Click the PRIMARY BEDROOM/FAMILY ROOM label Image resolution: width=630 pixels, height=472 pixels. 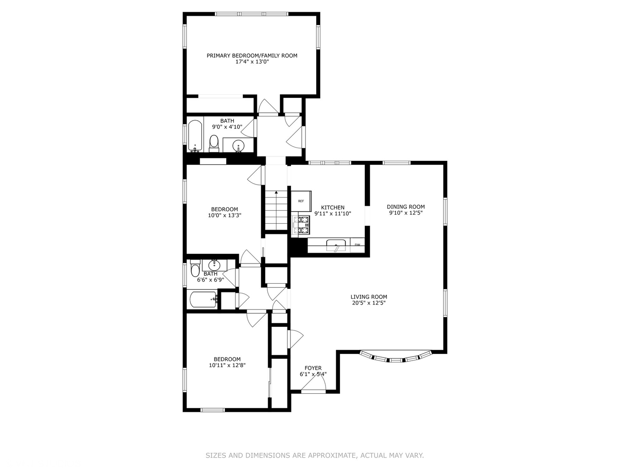(x=252, y=56)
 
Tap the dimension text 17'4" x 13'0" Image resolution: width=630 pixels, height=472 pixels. (x=252, y=62)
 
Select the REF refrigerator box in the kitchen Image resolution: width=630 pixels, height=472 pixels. (x=301, y=201)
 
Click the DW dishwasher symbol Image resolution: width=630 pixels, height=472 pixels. (x=357, y=245)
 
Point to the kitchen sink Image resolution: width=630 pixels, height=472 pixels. (x=336, y=245)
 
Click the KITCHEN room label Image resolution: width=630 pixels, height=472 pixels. (x=332, y=208)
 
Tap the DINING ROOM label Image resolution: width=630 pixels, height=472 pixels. (x=406, y=207)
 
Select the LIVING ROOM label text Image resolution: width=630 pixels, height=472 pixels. (x=368, y=297)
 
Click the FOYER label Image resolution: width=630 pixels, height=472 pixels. (x=313, y=368)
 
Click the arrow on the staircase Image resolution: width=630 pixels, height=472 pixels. (x=276, y=193)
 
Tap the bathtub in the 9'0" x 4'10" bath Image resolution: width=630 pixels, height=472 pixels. (x=195, y=135)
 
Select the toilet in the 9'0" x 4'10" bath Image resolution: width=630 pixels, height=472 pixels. (x=214, y=143)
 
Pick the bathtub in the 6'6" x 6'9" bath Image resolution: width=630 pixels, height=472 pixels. (x=203, y=300)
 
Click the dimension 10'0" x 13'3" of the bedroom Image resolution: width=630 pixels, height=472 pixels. (x=224, y=215)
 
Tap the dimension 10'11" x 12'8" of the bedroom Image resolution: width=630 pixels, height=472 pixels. (x=227, y=365)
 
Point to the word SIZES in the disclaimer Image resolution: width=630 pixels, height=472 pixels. (x=215, y=455)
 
